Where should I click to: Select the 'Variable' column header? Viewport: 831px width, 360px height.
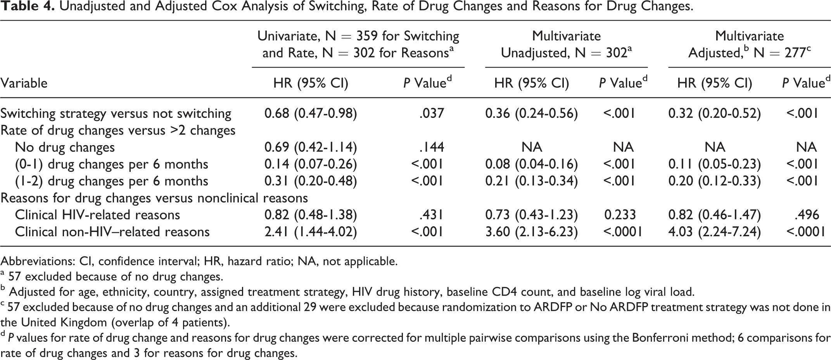pyautogui.click(x=24, y=83)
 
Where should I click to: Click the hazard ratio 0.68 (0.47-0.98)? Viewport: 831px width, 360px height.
pyautogui.click(x=311, y=113)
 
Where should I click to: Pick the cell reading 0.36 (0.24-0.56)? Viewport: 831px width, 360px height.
pyautogui.click(x=532, y=113)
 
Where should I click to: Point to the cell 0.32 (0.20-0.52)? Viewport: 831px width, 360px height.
pyautogui.click(x=715, y=113)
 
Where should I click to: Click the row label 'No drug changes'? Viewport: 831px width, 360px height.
pyautogui.click(x=65, y=147)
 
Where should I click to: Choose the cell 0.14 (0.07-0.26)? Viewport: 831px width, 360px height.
pyautogui.click(x=311, y=164)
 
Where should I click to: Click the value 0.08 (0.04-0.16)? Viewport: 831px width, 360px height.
pyautogui.click(x=532, y=164)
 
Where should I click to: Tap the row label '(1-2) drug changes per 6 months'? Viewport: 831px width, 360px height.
pyautogui.click(x=112, y=181)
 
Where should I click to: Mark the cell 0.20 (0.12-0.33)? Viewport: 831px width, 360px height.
pyautogui.click(x=715, y=181)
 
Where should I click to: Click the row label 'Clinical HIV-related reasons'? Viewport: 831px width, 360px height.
pyautogui.click(x=97, y=215)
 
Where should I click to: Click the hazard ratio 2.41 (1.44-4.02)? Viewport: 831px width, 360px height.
pyautogui.click(x=311, y=232)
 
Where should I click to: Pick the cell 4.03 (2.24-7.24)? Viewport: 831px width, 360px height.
pyautogui.click(x=715, y=232)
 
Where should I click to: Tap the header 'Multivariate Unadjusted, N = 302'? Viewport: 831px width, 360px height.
pyautogui.click(x=566, y=44)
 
